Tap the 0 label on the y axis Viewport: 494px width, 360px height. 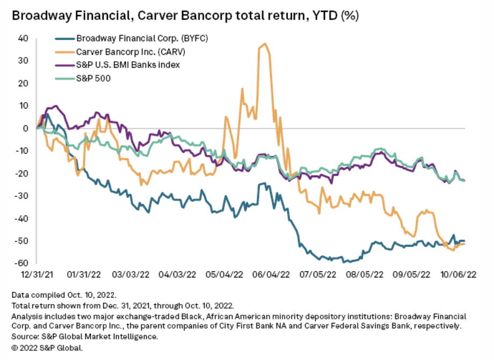click(25, 128)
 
